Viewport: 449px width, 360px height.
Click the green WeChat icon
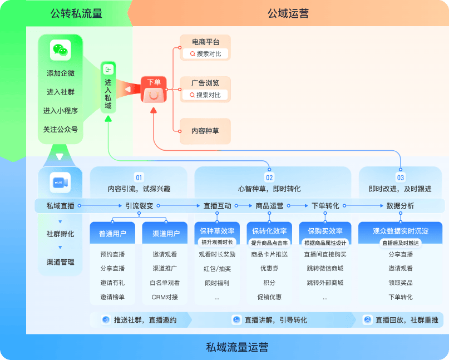pos(61,50)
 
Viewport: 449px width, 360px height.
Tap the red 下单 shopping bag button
pos(154,89)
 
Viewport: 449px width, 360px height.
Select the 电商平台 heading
pos(205,42)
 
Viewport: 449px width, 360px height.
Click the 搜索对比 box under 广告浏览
pos(205,95)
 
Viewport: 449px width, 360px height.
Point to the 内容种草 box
pos(205,131)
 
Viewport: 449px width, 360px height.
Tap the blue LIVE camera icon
pos(60,182)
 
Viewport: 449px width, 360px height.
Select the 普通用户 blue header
pos(112,233)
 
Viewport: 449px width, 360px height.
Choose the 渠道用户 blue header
pos(165,233)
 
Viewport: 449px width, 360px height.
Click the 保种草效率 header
pos(216,231)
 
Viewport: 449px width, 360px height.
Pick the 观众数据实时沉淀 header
pos(401,230)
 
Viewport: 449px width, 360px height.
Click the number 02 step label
pos(269,177)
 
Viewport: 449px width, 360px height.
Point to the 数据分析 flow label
pos(400,206)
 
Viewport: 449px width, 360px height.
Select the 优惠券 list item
pos(269,269)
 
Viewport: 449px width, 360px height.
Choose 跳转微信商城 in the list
pos(325,269)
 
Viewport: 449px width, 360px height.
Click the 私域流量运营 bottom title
pos(237,348)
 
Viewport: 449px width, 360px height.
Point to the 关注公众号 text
pos(61,130)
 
